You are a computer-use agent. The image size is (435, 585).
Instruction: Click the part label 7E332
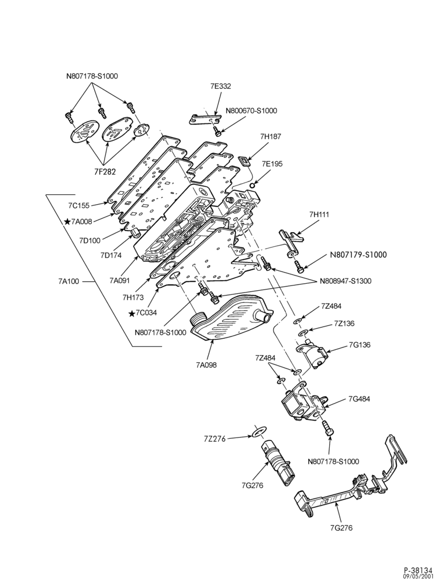tap(220, 86)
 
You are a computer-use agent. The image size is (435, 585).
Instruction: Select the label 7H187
tap(271, 136)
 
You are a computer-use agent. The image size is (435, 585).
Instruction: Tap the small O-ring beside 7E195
tap(253, 185)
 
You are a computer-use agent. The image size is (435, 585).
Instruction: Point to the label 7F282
tap(105, 171)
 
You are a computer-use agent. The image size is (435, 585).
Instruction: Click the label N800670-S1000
tap(251, 111)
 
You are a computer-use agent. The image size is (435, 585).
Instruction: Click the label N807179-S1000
tap(358, 255)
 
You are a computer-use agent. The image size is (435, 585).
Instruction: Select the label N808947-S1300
tap(345, 281)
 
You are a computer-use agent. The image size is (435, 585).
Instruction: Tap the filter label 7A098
tap(206, 365)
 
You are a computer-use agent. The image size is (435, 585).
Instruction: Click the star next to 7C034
tap(132, 314)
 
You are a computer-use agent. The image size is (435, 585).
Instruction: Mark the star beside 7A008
tap(67, 222)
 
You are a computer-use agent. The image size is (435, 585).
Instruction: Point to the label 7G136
tap(360, 345)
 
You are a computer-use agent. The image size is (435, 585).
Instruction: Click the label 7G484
tap(360, 399)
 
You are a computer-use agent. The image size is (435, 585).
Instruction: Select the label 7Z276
tap(215, 439)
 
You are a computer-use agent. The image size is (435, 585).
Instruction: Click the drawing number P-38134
tap(417, 570)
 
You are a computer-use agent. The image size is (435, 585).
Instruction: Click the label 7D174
tap(111, 255)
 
